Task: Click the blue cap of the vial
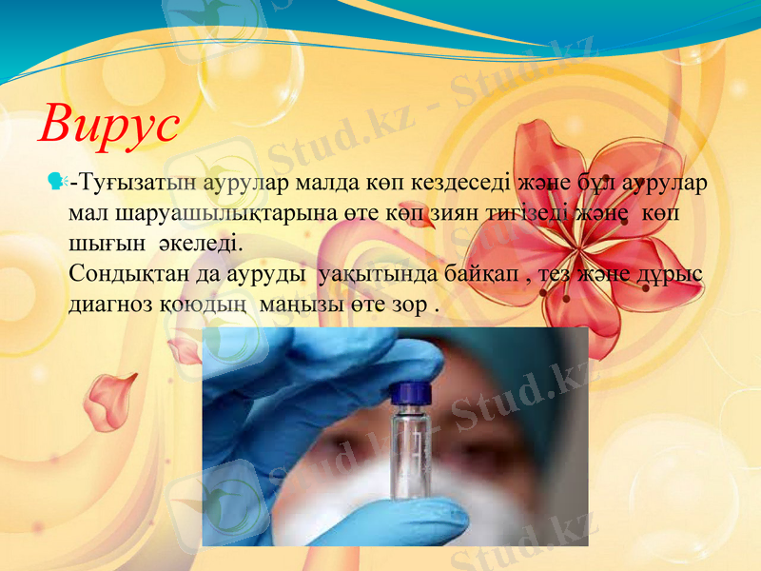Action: click(x=413, y=392)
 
